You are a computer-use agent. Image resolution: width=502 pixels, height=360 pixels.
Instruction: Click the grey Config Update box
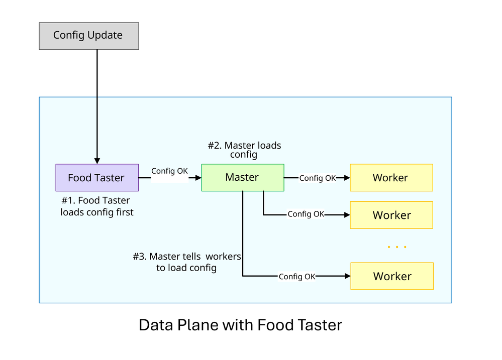pyautogui.click(x=88, y=36)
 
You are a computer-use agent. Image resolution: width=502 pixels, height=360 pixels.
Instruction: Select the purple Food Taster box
pyautogui.click(x=96, y=177)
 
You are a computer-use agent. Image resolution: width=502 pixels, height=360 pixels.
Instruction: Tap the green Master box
pyautogui.click(x=242, y=177)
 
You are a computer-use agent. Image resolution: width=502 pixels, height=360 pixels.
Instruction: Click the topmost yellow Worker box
pyautogui.click(x=391, y=177)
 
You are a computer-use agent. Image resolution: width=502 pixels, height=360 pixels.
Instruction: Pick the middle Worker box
pyautogui.click(x=391, y=215)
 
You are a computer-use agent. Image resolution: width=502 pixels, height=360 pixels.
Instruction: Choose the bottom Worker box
pyautogui.click(x=391, y=276)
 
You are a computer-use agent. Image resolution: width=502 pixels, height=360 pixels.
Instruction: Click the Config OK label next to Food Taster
pyautogui.click(x=169, y=171)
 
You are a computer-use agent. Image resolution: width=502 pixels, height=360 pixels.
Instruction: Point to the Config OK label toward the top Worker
pyautogui.click(x=318, y=178)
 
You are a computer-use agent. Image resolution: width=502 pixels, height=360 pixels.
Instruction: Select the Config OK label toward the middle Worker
pyautogui.click(x=306, y=214)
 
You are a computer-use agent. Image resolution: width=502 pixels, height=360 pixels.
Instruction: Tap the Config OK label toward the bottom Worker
pyautogui.click(x=297, y=277)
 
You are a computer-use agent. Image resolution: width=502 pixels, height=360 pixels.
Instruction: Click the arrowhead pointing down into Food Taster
pyautogui.click(x=97, y=160)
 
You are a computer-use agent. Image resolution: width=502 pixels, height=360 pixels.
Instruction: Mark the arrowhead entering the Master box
pyautogui.click(x=198, y=177)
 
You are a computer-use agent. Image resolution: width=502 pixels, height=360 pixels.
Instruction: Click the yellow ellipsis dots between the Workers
pyautogui.click(x=397, y=247)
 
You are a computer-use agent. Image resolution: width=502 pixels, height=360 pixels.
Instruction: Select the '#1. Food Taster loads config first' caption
pyautogui.click(x=97, y=206)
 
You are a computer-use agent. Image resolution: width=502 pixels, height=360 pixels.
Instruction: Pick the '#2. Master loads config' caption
pyautogui.click(x=244, y=150)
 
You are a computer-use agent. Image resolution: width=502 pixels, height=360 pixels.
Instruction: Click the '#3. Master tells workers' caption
pyautogui.click(x=186, y=262)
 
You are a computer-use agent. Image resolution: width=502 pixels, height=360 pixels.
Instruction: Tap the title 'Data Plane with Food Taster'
pyautogui.click(x=240, y=325)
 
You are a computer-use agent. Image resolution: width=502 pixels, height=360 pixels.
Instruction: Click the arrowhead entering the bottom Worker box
pyautogui.click(x=347, y=276)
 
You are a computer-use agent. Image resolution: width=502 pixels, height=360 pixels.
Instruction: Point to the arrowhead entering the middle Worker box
pyautogui.click(x=346, y=215)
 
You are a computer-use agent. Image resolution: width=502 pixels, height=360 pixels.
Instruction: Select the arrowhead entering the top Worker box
pyautogui.click(x=346, y=177)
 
